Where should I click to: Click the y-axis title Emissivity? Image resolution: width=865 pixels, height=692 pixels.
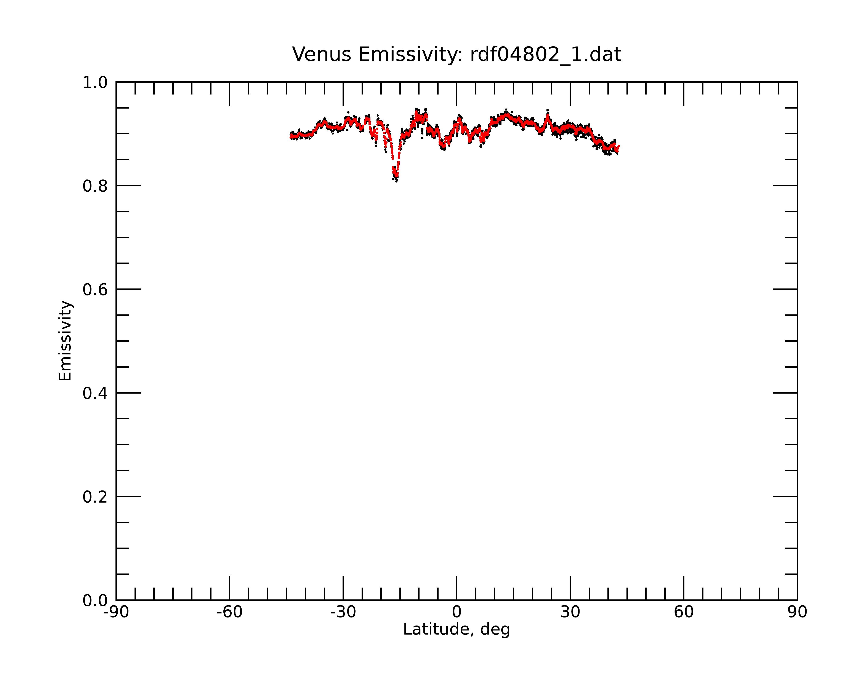pyautogui.click(x=65, y=341)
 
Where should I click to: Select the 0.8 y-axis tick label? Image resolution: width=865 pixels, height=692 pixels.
pyautogui.click(x=95, y=186)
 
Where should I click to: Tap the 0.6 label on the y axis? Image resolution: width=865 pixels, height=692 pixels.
pyautogui.click(x=95, y=290)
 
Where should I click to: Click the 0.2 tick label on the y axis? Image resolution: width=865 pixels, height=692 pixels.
pyautogui.click(x=95, y=497)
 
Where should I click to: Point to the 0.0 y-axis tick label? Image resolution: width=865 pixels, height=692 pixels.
pyautogui.click(x=95, y=601)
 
